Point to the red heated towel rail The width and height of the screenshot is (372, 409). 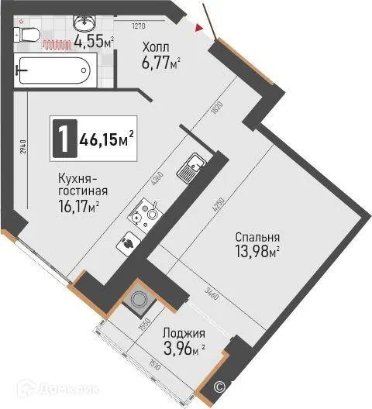point(56,45)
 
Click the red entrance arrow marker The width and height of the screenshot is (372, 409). point(200,29)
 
